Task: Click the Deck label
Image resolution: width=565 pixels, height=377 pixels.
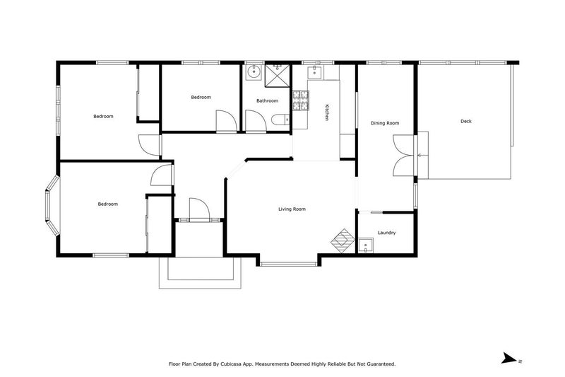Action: pos(465,122)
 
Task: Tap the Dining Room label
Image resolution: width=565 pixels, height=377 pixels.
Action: pos(385,124)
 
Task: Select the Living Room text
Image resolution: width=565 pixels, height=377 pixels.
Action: pos(292,209)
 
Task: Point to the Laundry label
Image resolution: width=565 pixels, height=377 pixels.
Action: pos(386,233)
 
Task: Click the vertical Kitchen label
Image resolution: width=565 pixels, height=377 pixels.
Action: pos(326,113)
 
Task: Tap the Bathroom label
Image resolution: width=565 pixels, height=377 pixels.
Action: pos(267,101)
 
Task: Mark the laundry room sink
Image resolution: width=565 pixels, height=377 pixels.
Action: pos(366,245)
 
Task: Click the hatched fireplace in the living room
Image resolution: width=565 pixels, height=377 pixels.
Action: pos(343,239)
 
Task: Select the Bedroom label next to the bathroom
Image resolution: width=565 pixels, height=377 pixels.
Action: pos(201,98)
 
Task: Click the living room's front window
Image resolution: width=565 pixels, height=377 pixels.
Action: pos(290,264)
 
